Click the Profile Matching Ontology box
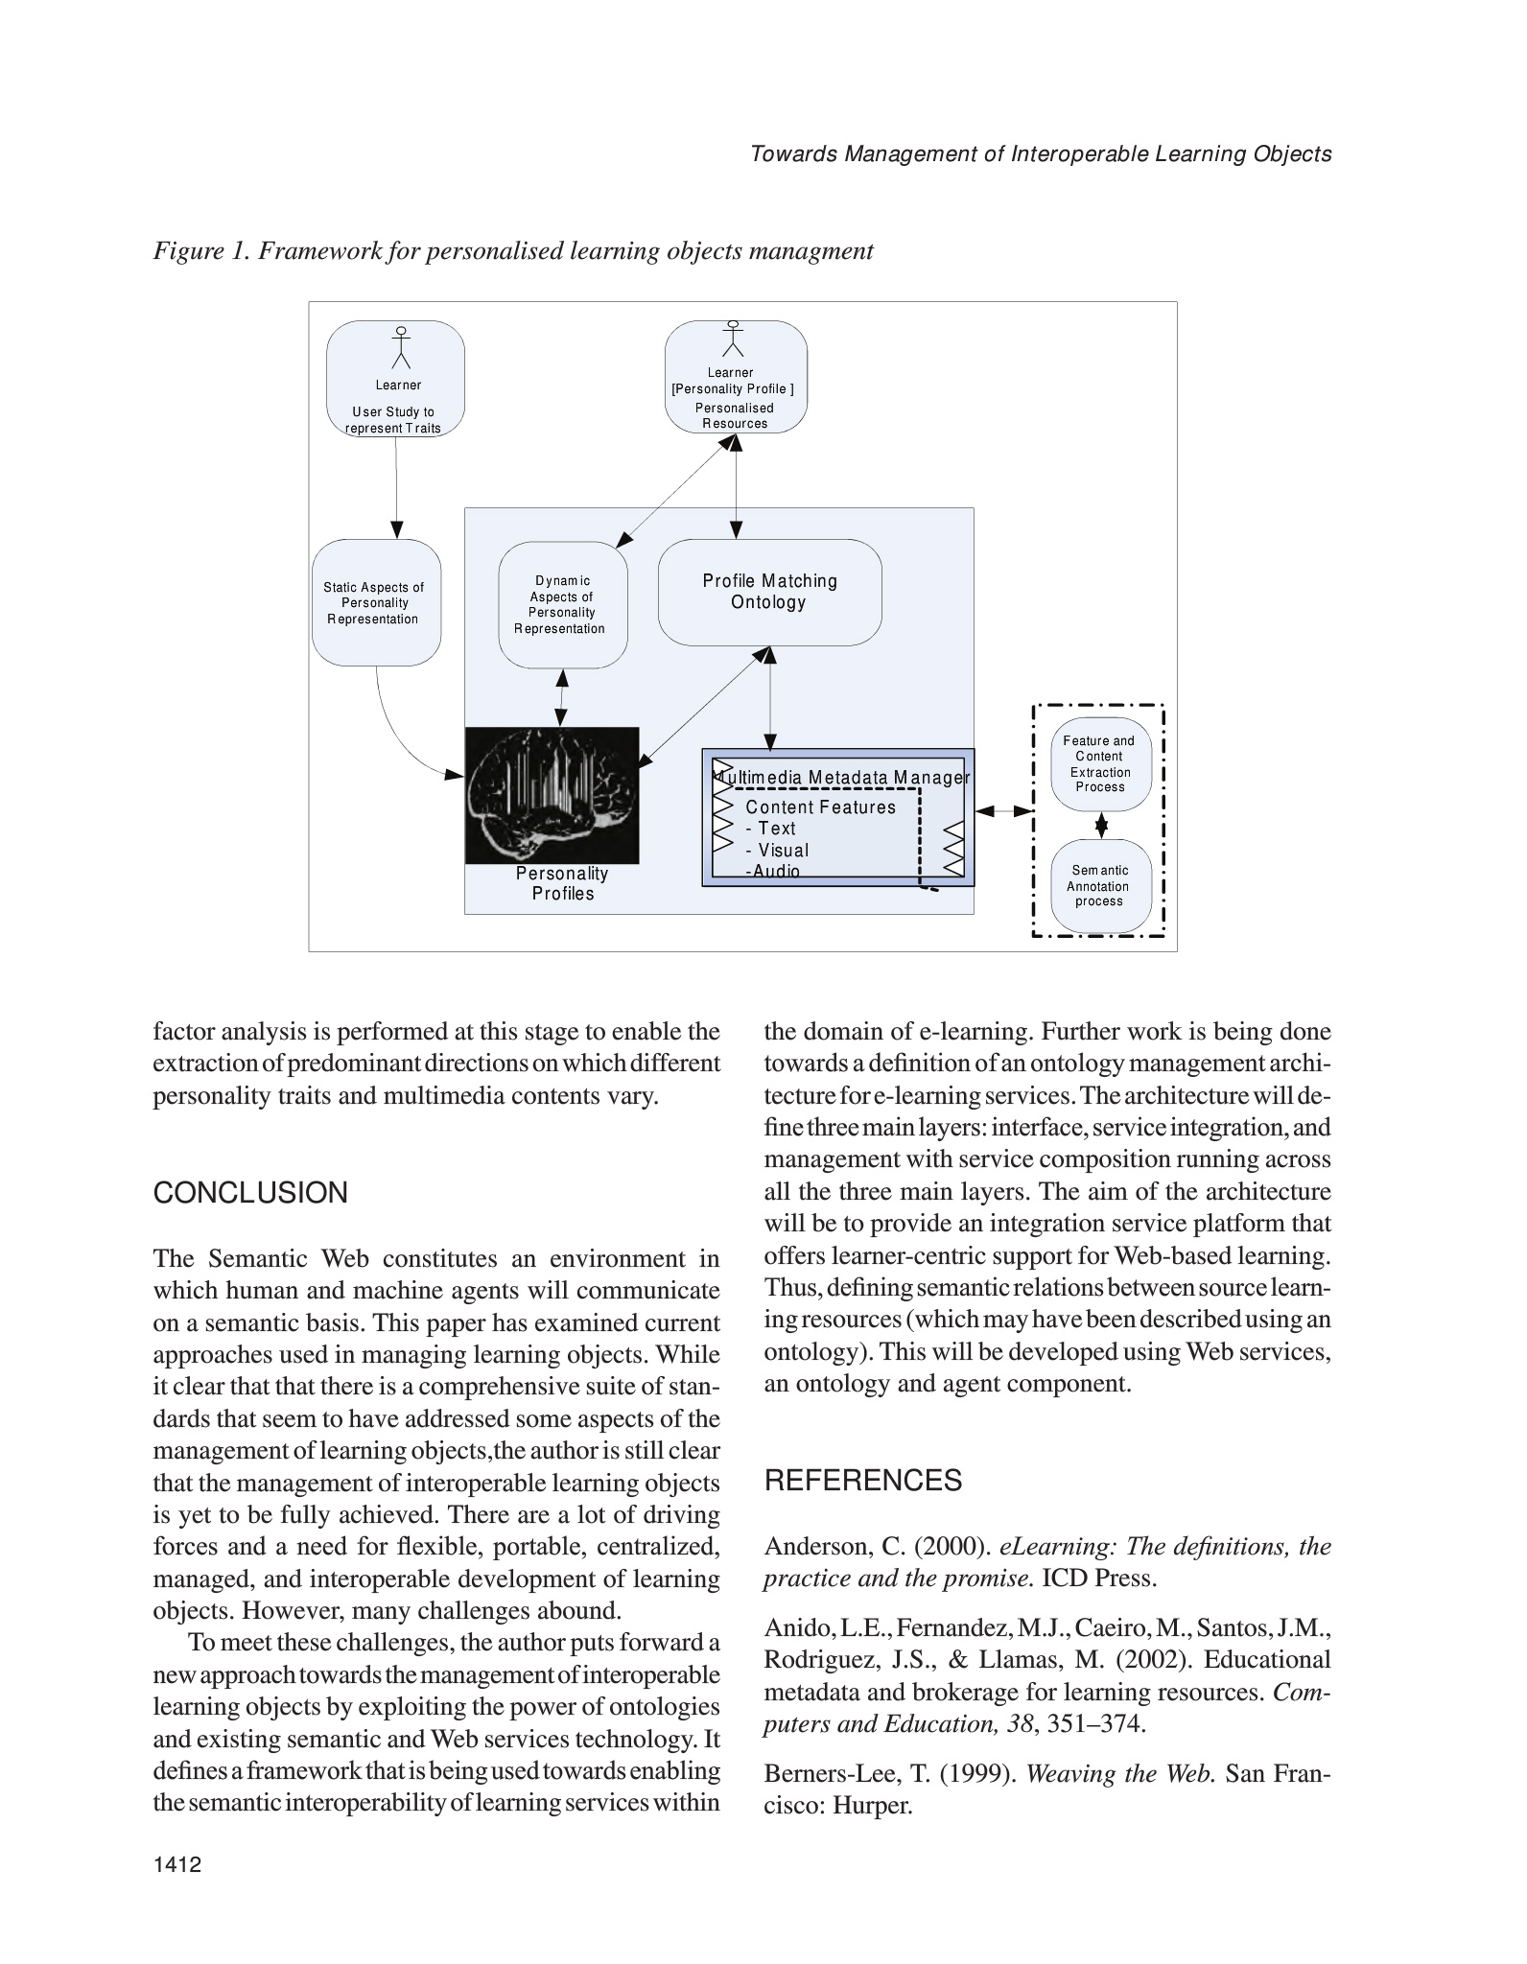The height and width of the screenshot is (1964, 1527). point(769,592)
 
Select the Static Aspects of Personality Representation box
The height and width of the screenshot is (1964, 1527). point(376,603)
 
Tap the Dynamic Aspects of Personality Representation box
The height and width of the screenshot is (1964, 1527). point(562,604)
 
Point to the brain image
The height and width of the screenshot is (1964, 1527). point(552,795)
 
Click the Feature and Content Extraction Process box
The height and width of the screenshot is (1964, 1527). point(1100,763)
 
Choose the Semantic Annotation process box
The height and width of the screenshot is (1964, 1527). point(1100,885)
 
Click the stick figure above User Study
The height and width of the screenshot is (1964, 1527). point(401,347)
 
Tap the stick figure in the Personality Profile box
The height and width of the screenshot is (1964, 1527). point(734,339)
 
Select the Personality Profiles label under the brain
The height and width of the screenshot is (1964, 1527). point(563,883)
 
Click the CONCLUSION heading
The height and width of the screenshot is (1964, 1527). point(250,1193)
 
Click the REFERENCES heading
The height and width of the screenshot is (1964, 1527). point(862,1481)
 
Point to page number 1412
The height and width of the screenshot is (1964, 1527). point(177,1864)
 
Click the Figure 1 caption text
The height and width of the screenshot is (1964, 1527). point(513,251)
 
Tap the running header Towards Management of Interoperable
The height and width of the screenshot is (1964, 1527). point(1041,153)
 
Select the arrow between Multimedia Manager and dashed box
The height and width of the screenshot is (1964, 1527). point(1003,811)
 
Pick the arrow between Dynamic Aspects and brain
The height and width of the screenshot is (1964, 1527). point(562,697)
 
